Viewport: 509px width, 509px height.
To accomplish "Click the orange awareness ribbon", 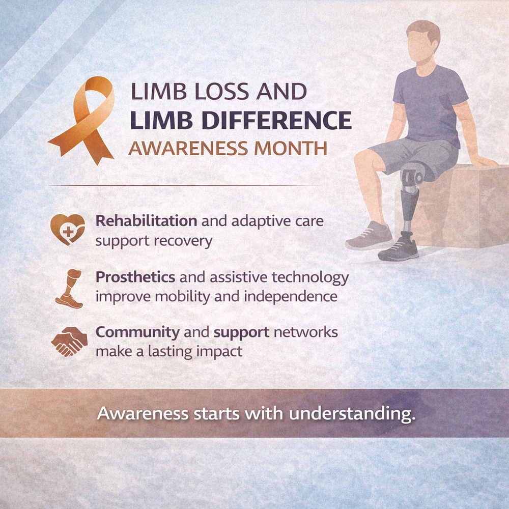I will pyautogui.click(x=84, y=120).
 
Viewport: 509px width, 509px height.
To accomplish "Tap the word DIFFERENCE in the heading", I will pyautogui.click(x=277, y=120).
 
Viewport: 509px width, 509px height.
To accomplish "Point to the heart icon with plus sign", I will pyautogui.click(x=67, y=229).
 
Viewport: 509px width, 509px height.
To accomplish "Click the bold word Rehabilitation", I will pyautogui.click(x=146, y=221).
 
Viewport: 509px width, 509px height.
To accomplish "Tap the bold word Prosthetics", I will pyautogui.click(x=136, y=277).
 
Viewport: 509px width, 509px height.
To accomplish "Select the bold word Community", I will pyautogui.click(x=137, y=332).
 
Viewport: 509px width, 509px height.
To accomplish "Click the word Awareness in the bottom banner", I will pyautogui.click(x=143, y=413).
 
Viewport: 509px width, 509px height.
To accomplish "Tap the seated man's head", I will pyautogui.click(x=423, y=41).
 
